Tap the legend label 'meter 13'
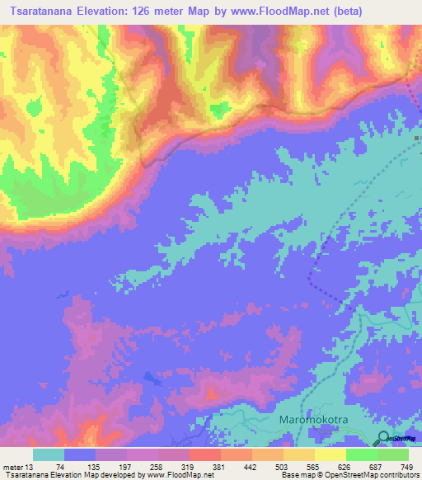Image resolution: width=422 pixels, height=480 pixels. click(18, 467)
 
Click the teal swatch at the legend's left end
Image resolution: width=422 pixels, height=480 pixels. click(48, 454)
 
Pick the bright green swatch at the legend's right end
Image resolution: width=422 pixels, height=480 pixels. click(392, 454)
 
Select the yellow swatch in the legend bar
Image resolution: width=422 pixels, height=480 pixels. click(330, 454)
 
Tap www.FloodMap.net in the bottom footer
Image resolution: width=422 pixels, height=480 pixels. click(167, 475)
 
